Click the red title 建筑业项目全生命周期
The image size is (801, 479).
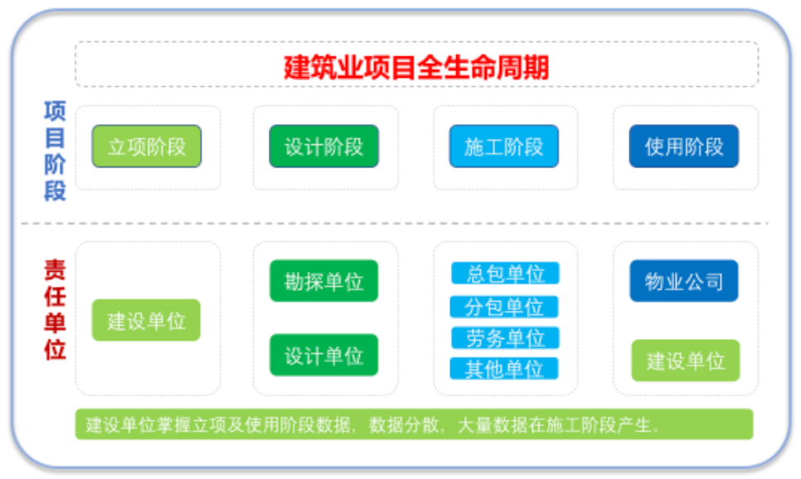coord(416,66)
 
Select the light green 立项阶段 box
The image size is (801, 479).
coord(147,147)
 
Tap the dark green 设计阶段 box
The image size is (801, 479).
coord(323,147)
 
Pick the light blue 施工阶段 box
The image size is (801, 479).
coord(503,147)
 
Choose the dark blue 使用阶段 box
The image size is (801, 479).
coord(683,147)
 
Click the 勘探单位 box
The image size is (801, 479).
coord(323,281)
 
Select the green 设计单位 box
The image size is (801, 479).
coord(323,356)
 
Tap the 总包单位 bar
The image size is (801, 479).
coord(504,273)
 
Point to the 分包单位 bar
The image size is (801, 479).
coord(504,307)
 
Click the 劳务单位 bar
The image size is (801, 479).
coord(504,338)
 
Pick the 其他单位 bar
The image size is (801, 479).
coord(504,369)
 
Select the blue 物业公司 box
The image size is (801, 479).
coord(683,281)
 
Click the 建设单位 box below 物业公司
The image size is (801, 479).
coord(685,360)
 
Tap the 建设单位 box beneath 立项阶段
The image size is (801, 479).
coord(146,321)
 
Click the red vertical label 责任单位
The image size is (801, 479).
coord(55,309)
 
